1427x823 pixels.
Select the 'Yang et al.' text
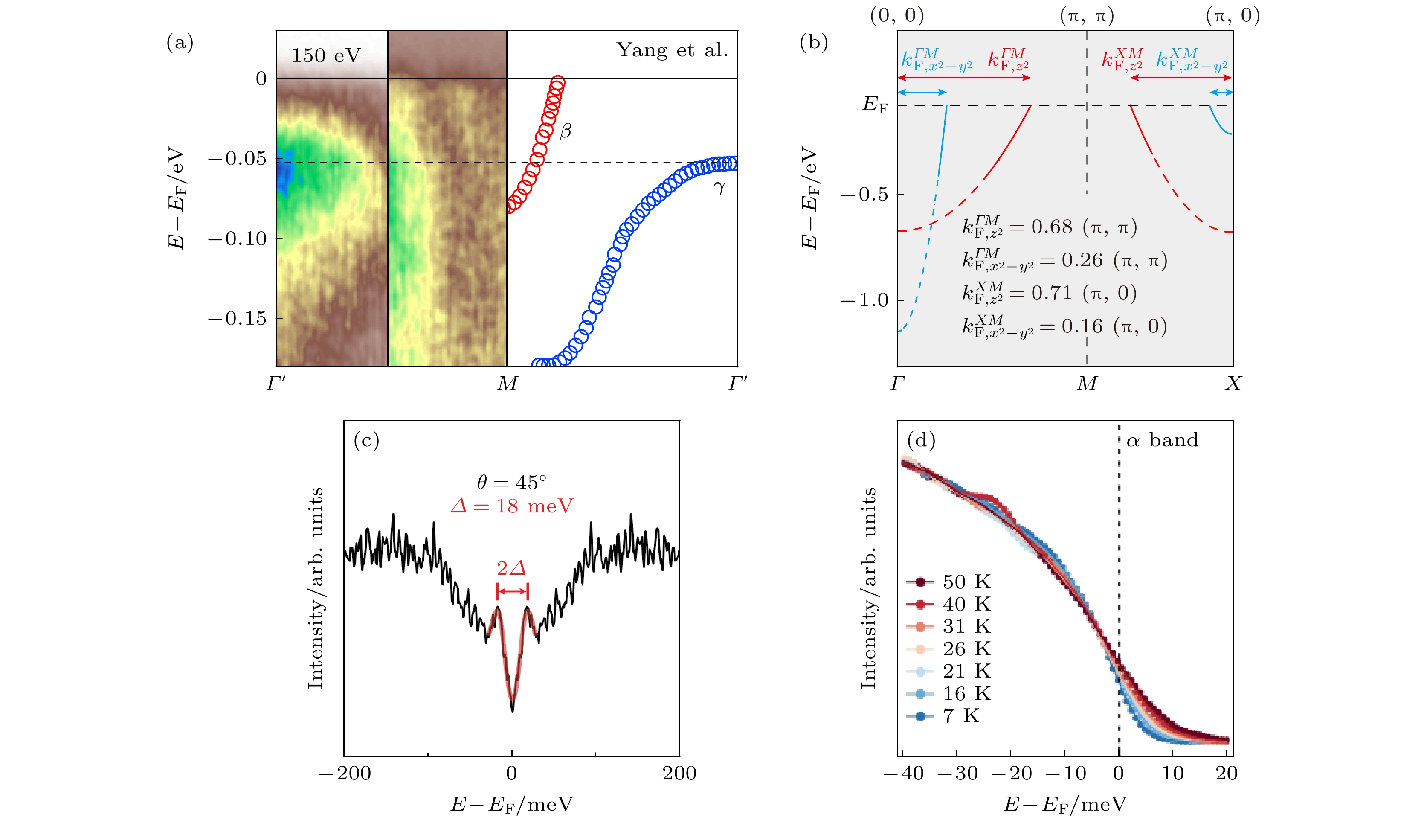click(672, 50)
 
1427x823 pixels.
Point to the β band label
click(565, 131)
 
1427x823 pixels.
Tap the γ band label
click(719, 187)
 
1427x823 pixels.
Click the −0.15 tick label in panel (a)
click(237, 319)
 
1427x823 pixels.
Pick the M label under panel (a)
click(507, 384)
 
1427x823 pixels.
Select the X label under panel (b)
click(1233, 384)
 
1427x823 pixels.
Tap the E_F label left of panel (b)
click(875, 105)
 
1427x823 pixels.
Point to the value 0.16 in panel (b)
click(1082, 326)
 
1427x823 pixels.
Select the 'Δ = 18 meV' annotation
click(511, 506)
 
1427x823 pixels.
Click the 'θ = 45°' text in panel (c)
click(511, 482)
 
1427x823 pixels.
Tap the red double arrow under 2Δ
click(512, 592)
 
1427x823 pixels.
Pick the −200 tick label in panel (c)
click(345, 773)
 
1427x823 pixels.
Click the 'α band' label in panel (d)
click(1162, 440)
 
